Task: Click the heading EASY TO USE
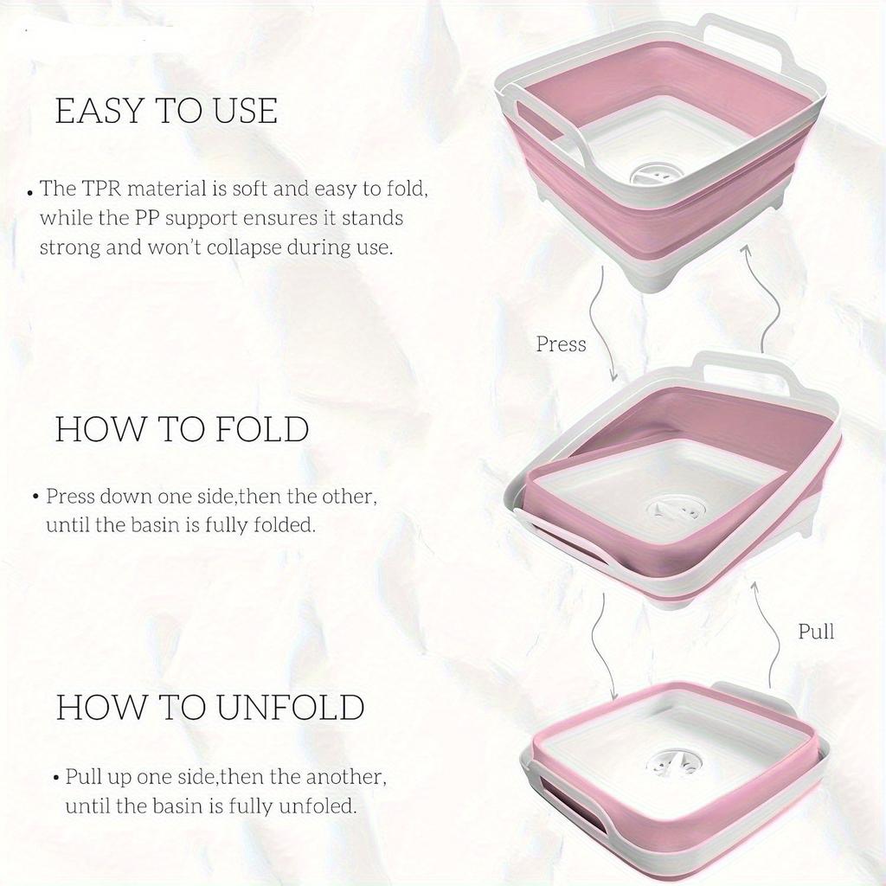click(x=166, y=112)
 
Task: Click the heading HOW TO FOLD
click(x=182, y=430)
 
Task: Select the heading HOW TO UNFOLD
click(x=210, y=707)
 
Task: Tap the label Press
click(x=561, y=344)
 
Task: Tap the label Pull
click(x=816, y=632)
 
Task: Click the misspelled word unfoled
click(x=318, y=806)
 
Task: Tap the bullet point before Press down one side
click(x=35, y=498)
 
